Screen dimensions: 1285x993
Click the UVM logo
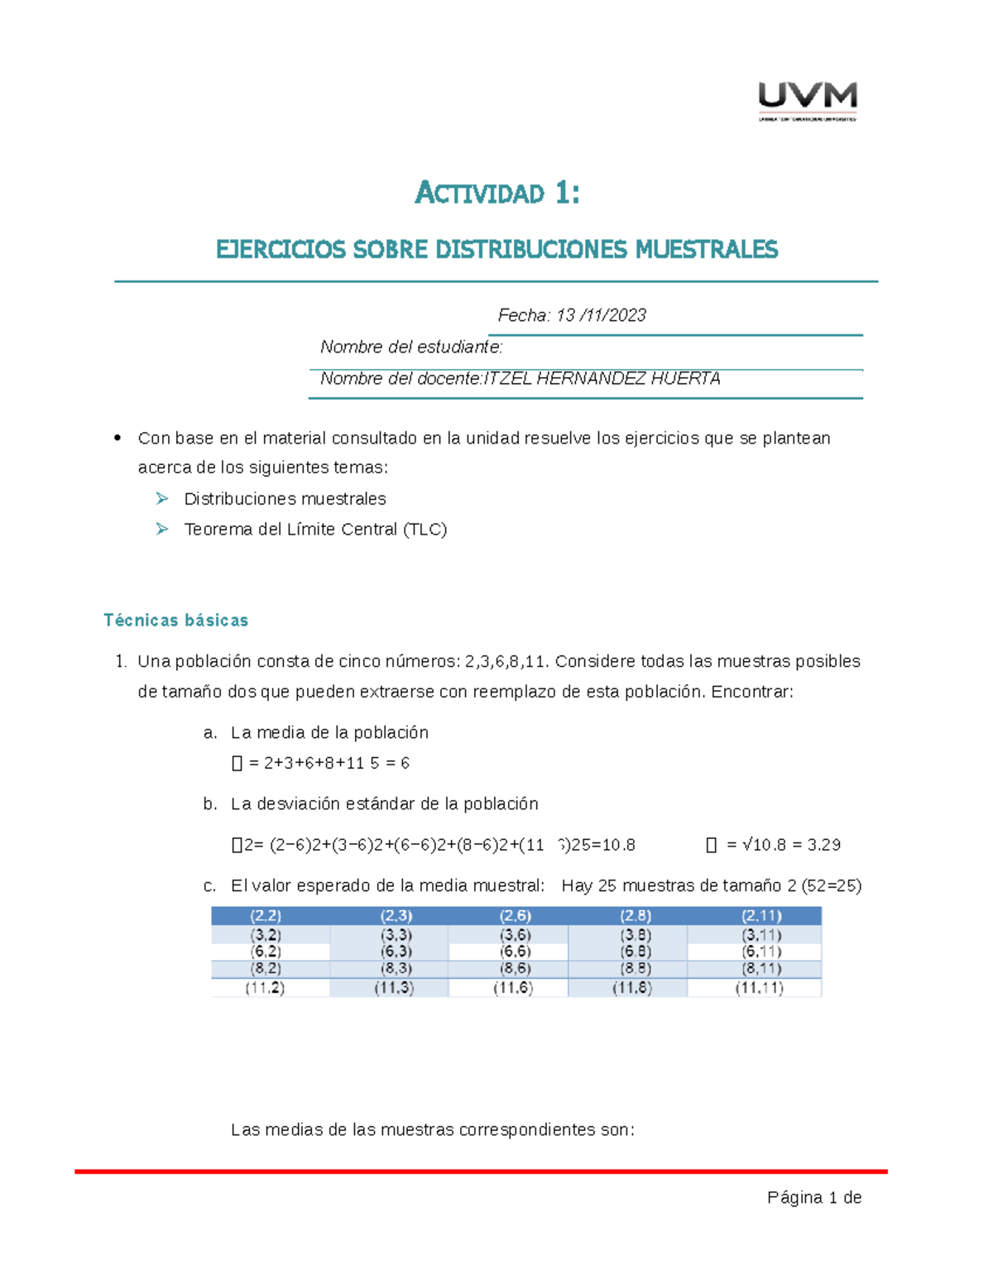808,101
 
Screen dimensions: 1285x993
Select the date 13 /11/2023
601,315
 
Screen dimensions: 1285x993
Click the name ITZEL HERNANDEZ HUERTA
602,379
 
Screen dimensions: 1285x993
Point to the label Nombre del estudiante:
411,347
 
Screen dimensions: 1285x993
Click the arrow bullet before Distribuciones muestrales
162,498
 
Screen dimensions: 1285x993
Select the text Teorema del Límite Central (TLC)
315,530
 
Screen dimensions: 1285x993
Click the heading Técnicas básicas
175,620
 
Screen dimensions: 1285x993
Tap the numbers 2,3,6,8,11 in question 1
506,661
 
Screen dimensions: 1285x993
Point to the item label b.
210,803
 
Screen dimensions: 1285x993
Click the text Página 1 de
814,1197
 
